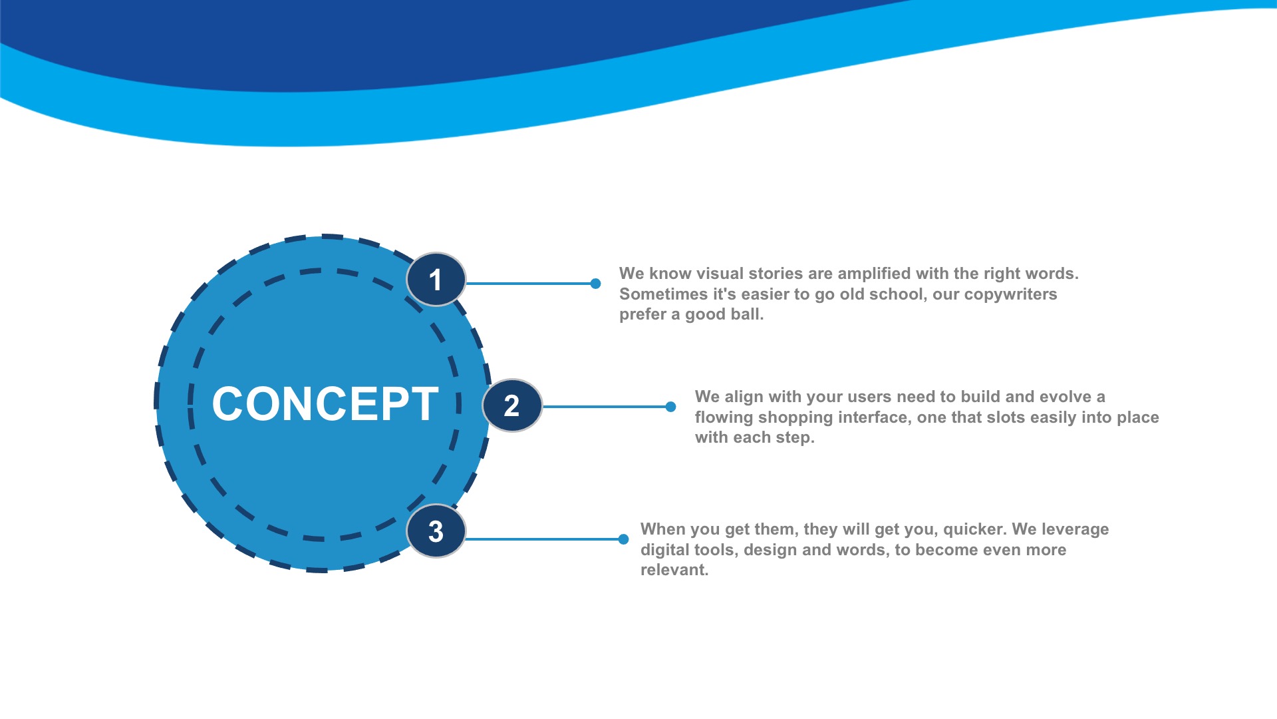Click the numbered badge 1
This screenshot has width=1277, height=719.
(x=436, y=280)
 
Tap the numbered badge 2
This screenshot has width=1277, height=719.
(x=511, y=405)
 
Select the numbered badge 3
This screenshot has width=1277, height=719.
(x=436, y=531)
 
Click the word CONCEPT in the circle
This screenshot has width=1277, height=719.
(x=325, y=403)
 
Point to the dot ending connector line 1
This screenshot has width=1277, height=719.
(x=596, y=284)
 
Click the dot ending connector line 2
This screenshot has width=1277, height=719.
(x=670, y=407)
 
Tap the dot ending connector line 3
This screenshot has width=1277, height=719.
(x=623, y=539)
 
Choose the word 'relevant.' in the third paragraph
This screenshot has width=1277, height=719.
(x=674, y=570)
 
